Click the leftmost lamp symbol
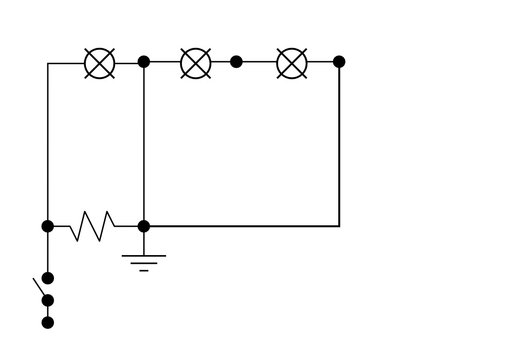tap(99, 63)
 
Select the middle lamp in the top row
tap(195, 63)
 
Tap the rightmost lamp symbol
tap(291, 63)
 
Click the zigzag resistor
tap(92, 226)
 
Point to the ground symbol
tap(144, 262)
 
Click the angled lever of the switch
tap(42, 288)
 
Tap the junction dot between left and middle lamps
tap(144, 62)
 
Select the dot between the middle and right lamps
tap(236, 62)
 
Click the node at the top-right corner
tap(339, 62)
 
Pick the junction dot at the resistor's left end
tap(47, 226)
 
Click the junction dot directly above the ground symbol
tap(144, 226)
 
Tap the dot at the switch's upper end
tap(47, 278)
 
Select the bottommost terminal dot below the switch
tap(47, 322)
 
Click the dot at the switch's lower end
tap(47, 300)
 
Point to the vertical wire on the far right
tap(339, 145)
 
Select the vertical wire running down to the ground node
tap(144, 145)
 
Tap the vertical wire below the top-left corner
tap(47, 145)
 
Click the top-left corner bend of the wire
tap(48, 63)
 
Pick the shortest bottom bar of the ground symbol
tap(144, 271)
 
